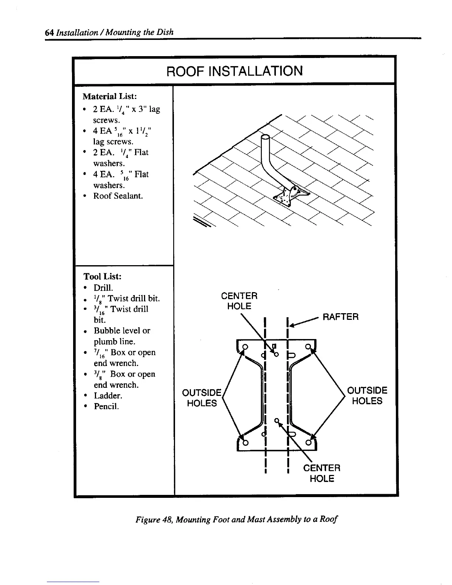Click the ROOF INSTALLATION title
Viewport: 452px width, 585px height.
234,71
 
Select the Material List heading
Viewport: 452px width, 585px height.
110,97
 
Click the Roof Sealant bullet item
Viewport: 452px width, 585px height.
118,196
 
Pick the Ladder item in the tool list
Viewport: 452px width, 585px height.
107,396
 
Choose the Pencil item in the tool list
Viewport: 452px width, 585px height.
106,407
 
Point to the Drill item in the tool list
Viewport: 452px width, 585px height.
103,287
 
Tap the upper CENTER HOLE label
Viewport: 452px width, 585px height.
239,301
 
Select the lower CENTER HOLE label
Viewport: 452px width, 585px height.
322,473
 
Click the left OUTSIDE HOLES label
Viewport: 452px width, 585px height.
202,397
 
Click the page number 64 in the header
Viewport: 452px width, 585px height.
49,32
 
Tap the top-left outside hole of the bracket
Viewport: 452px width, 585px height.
245,346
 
